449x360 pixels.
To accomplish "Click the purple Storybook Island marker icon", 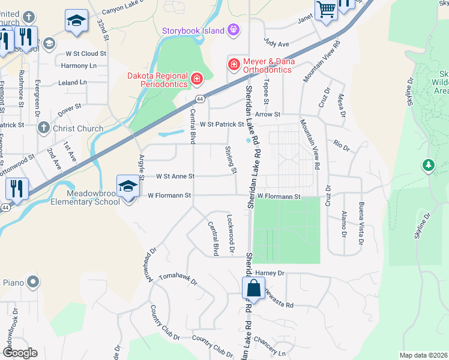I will click(x=234, y=30).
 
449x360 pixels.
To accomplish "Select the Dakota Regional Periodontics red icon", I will click(x=196, y=79).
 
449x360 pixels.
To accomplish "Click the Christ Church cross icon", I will click(x=43, y=128).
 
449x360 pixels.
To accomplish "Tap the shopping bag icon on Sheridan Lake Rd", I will click(x=253, y=288).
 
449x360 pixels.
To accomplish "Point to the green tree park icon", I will click(x=428, y=164).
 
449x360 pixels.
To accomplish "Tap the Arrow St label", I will click(x=268, y=114).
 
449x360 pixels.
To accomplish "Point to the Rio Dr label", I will click(x=342, y=145).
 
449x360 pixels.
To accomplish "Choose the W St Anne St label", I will click(x=175, y=176).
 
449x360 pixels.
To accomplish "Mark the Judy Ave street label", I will click(x=277, y=44).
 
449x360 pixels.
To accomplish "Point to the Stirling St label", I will click(x=230, y=160).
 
